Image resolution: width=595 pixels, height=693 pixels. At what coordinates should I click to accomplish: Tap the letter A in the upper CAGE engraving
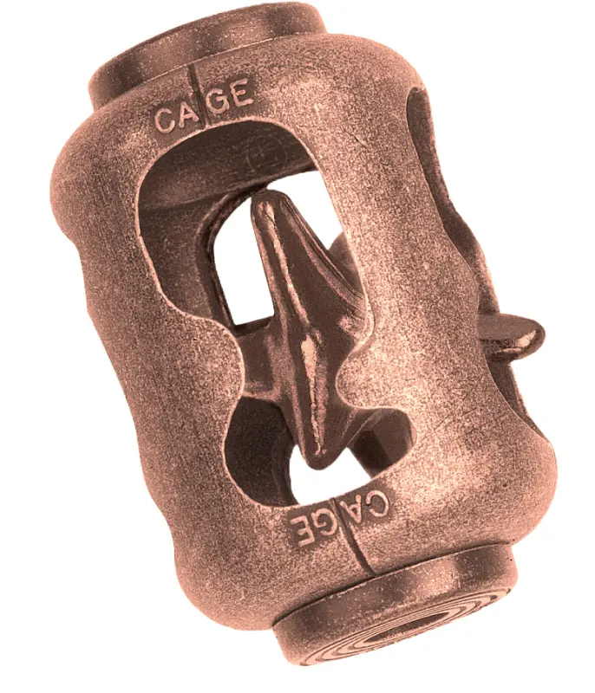pos(186,112)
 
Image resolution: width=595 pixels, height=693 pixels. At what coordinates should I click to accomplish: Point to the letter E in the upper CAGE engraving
pos(241,95)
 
